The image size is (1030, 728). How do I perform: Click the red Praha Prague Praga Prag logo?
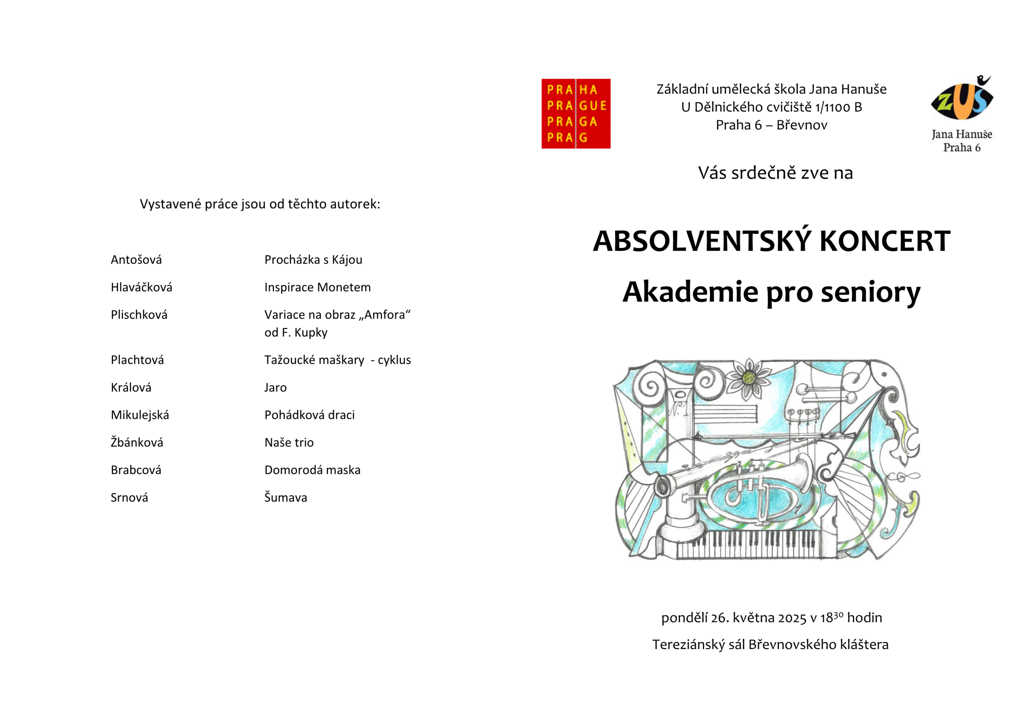[x=576, y=113]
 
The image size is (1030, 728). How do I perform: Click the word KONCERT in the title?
[x=885, y=241]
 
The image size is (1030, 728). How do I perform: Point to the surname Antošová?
[x=136, y=260]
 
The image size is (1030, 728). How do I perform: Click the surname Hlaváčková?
[x=141, y=287]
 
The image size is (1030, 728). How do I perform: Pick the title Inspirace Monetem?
[x=317, y=287]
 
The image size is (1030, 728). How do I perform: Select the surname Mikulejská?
[x=140, y=415]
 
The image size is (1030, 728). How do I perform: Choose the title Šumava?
[x=285, y=497]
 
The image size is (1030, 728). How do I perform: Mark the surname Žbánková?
[x=137, y=442]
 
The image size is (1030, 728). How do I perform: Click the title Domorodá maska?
[x=312, y=470]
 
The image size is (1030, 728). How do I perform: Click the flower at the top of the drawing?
[x=748, y=379]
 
